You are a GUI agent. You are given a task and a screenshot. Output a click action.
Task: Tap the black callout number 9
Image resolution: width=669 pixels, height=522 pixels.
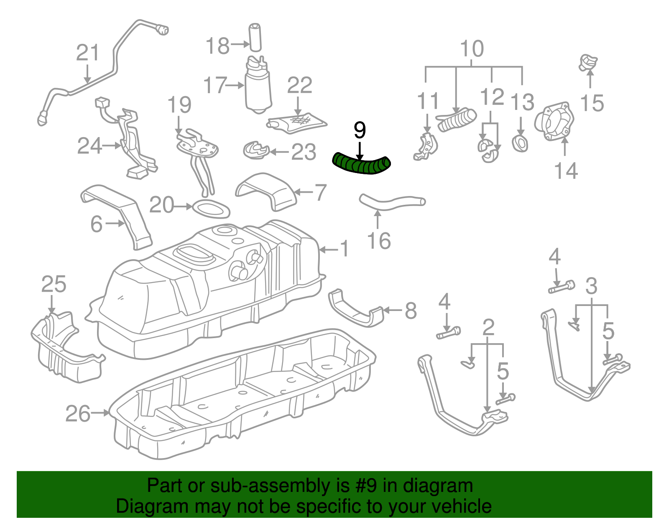click(360, 130)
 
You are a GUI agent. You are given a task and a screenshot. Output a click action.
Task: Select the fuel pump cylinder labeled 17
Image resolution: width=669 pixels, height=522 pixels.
click(258, 90)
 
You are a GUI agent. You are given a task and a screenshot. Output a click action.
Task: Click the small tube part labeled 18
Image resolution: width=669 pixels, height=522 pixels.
click(255, 38)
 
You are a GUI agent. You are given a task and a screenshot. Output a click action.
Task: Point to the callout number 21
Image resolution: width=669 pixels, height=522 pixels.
click(88, 53)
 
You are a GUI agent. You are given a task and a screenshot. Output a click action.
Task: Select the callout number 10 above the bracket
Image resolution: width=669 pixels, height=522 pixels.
click(472, 49)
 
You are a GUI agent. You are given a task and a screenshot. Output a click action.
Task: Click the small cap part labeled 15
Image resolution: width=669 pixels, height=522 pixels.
click(588, 63)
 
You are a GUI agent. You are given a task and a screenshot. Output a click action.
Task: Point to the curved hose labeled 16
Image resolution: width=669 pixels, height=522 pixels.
click(391, 203)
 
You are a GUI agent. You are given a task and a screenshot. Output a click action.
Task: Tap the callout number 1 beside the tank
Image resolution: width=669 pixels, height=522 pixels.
click(344, 249)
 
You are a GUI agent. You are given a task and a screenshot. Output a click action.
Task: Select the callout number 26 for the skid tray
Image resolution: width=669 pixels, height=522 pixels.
click(78, 413)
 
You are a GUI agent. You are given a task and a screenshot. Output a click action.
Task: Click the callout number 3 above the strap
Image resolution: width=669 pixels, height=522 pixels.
click(591, 287)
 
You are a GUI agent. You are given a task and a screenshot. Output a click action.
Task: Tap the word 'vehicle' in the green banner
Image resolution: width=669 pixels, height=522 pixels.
click(461, 507)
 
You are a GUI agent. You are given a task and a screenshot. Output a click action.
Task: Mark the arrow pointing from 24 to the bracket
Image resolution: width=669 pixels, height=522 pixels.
click(112, 146)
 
